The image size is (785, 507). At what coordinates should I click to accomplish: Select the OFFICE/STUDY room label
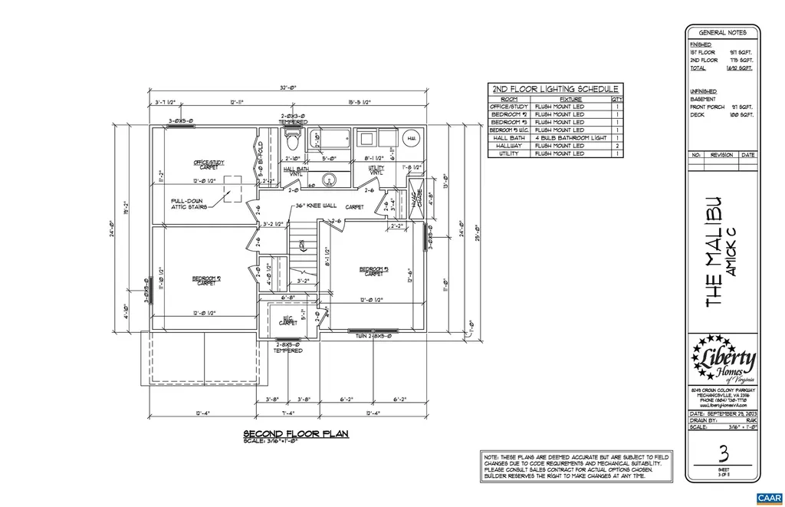tap(209, 163)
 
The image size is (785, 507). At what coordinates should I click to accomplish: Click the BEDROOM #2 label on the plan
tap(206, 280)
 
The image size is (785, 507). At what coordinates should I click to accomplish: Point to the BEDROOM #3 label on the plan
tap(375, 270)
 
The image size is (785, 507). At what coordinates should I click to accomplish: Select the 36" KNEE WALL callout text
tap(314, 206)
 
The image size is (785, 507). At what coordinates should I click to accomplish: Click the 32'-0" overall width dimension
tap(289, 88)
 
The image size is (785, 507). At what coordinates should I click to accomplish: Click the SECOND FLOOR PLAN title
tap(295, 433)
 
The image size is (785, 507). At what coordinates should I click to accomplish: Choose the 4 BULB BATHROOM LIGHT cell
tap(570, 138)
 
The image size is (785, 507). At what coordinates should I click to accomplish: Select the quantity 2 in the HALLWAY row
tap(618, 146)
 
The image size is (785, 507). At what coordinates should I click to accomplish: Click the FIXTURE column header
tap(570, 99)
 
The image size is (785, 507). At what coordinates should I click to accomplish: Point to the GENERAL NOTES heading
tap(722, 32)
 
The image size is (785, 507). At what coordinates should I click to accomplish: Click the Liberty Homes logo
tap(723, 361)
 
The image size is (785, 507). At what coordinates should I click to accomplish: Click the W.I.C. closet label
tap(288, 321)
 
